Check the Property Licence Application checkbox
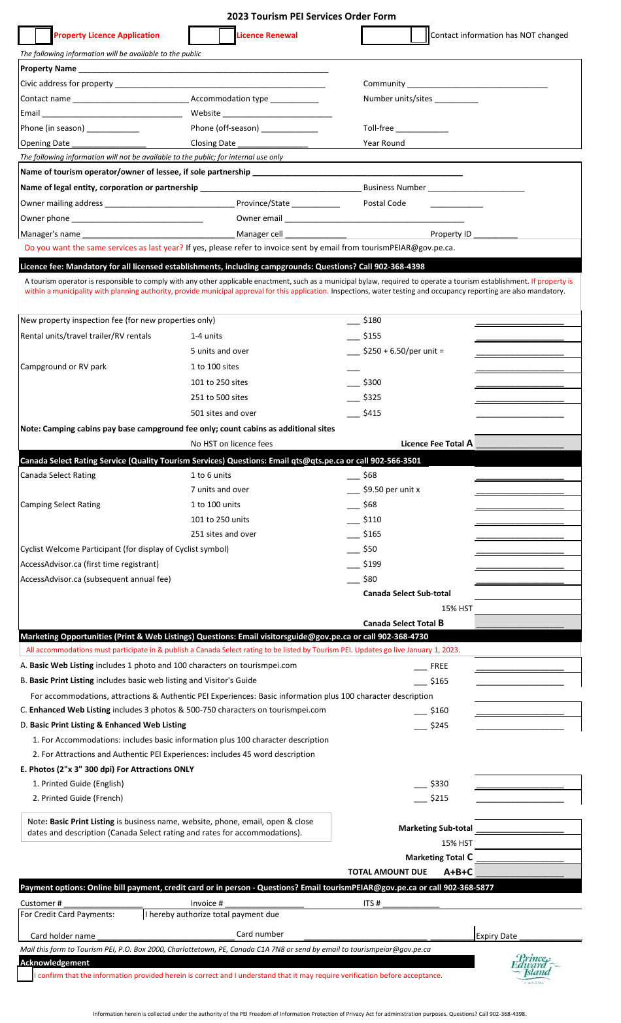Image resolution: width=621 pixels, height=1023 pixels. (43, 35)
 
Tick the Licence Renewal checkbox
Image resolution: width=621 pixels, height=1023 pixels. (227, 35)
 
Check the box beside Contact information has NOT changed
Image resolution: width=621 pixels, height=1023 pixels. (419, 35)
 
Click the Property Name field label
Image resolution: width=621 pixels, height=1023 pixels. (48, 69)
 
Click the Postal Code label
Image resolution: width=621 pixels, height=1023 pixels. (384, 203)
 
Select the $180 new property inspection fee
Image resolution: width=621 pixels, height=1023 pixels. (372, 320)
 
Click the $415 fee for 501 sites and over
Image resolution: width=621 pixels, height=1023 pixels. (372, 413)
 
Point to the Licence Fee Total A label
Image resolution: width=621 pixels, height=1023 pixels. (436, 443)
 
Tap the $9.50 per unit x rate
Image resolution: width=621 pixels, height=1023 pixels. (391, 490)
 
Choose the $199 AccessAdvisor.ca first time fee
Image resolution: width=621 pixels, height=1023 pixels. (372, 564)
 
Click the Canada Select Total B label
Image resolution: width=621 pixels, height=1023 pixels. (403, 623)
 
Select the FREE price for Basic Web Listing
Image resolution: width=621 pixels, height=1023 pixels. (439, 666)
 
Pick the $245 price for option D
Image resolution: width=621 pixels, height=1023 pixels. (439, 726)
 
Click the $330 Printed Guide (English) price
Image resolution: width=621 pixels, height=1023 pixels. (439, 784)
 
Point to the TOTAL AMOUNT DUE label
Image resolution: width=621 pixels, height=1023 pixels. (387, 872)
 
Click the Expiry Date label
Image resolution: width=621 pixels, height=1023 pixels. (496, 936)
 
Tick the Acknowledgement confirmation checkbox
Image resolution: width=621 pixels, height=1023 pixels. (25, 975)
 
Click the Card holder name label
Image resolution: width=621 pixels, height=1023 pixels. (63, 936)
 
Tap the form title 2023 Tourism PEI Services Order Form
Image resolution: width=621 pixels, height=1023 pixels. (311, 16)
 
